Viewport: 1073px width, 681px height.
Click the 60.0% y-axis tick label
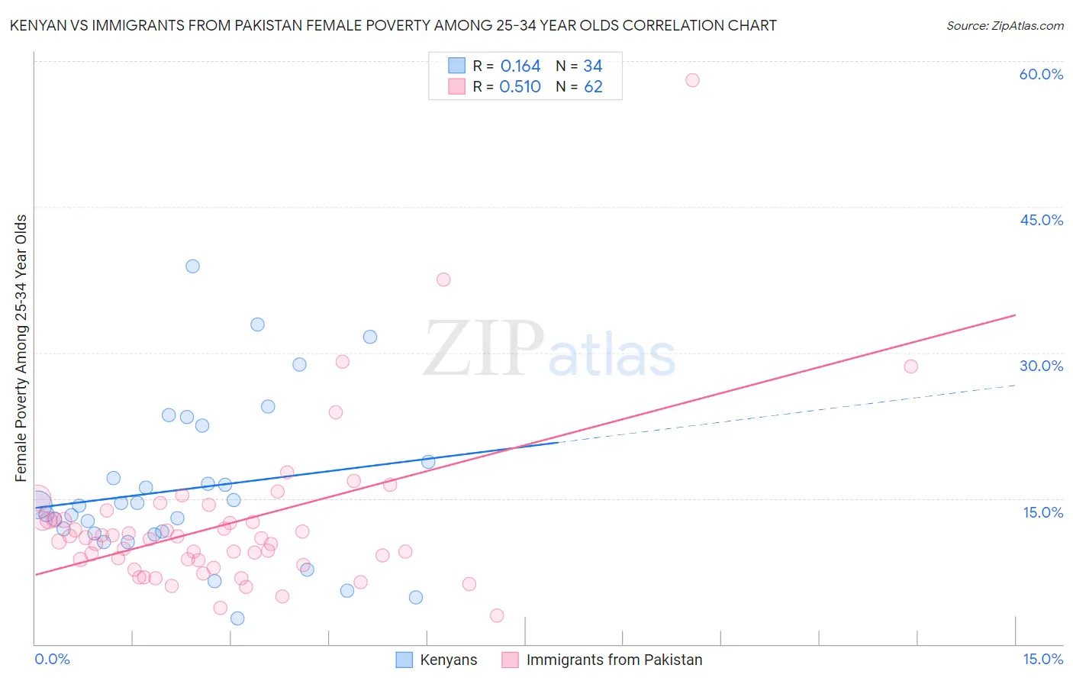[x=1041, y=74]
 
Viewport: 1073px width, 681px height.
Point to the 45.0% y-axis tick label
[x=1041, y=220]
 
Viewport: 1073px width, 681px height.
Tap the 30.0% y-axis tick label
[x=1041, y=366]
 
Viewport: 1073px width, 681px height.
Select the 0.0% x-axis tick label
[x=52, y=659]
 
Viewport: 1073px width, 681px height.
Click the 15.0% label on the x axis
[x=1042, y=659]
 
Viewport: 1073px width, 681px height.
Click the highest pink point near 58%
[x=692, y=80]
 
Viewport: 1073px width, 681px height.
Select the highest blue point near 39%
[x=192, y=266]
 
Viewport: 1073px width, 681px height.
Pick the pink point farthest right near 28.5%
[x=910, y=366]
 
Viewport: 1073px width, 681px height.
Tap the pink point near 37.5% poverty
[x=443, y=279]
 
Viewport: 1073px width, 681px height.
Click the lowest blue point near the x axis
[x=237, y=618]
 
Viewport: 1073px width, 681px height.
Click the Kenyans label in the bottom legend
[x=448, y=660]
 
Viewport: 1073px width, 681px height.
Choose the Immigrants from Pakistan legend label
[x=614, y=660]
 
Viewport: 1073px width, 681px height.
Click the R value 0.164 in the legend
[x=520, y=66]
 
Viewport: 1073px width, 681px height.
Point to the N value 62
[x=593, y=87]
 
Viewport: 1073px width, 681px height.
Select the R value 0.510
[x=520, y=87]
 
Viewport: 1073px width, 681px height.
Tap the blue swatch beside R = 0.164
[x=456, y=66]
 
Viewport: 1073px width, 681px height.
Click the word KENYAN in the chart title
[x=40, y=25]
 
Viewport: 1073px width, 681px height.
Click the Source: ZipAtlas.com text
[x=1004, y=25]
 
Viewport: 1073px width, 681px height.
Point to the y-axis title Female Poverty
[x=21, y=348]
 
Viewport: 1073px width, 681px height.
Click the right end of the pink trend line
[x=1015, y=315]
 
